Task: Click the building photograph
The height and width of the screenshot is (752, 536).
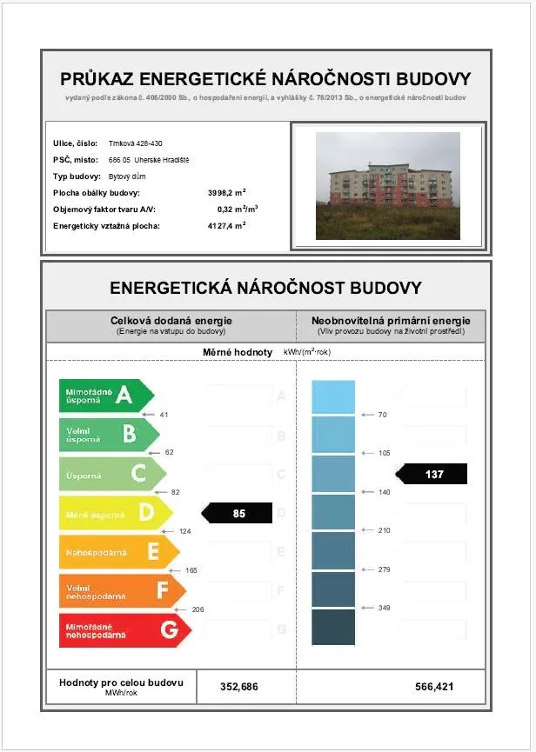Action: point(387,186)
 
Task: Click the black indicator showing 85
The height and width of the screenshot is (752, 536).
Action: point(238,514)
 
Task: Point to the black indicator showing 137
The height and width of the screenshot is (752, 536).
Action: point(432,475)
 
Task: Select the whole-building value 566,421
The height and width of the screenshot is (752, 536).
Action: point(434,687)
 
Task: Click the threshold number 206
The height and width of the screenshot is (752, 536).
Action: point(198,609)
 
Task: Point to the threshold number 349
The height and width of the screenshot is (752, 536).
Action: point(384,608)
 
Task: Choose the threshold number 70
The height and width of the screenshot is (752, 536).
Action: point(383,415)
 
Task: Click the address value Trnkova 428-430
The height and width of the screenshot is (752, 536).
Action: point(136,143)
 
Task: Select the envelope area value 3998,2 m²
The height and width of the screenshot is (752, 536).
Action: point(227,192)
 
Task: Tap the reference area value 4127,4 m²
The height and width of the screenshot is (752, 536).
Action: point(227,225)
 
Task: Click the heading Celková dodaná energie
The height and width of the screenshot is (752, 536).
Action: point(171,321)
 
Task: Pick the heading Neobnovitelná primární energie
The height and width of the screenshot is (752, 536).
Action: point(391,321)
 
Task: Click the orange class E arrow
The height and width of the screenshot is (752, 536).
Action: point(117,551)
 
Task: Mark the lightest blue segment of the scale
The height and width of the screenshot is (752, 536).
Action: point(333,397)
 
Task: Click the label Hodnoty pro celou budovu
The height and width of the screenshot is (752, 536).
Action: point(121,682)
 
